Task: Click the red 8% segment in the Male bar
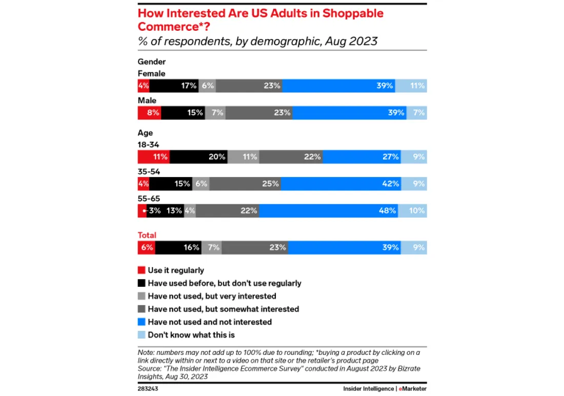(149, 113)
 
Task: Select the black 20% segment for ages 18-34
(198, 156)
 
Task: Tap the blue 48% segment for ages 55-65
(329, 211)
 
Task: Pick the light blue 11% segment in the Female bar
(411, 86)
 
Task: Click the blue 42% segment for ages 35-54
(341, 184)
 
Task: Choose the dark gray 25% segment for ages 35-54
(245, 184)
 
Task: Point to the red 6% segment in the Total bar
(147, 247)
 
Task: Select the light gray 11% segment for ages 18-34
(244, 156)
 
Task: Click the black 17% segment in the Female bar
(174, 86)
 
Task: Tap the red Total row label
(147, 235)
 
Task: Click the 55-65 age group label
(149, 199)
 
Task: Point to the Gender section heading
(152, 62)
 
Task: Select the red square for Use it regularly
(142, 270)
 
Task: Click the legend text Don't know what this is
(191, 335)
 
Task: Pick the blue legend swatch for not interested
(142, 322)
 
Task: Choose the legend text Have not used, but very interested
(212, 296)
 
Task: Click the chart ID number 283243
(148, 389)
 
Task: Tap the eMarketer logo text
(413, 389)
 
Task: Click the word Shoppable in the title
(353, 13)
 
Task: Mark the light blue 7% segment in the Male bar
(417, 113)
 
